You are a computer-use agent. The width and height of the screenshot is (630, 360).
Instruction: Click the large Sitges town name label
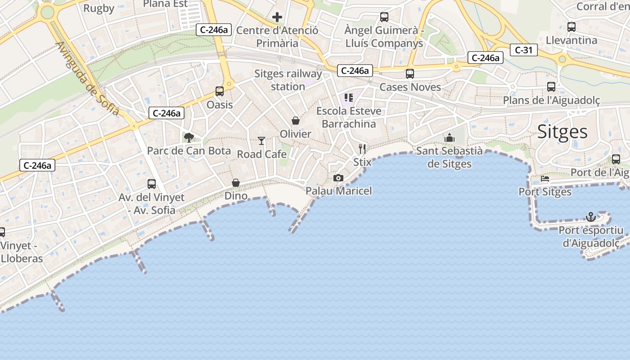pos(562,132)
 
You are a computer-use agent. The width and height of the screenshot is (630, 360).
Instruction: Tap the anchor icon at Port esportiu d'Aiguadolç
pos(590,217)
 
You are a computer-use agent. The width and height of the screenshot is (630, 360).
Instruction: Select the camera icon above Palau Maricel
pos(338,178)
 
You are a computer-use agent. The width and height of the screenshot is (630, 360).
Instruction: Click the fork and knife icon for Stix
pos(362,148)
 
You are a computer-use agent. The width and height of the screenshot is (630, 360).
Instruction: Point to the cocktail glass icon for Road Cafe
pos(261,141)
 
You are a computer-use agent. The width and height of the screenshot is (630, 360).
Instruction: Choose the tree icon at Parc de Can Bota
pos(189,137)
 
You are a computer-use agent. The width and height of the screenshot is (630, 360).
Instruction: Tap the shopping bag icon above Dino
pos(235,183)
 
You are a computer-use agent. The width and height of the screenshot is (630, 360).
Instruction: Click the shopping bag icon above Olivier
pos(296,121)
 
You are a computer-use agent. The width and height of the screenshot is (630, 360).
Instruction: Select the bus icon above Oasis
pos(220,91)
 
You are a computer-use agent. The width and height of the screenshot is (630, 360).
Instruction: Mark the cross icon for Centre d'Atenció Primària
pos(277,17)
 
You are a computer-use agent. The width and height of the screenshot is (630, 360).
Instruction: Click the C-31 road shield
pos(524,50)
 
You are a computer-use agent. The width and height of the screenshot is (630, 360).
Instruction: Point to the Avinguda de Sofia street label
pos(88,79)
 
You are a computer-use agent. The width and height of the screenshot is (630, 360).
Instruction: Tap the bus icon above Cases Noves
pos(409,74)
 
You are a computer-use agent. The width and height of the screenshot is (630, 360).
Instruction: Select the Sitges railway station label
pos(288,80)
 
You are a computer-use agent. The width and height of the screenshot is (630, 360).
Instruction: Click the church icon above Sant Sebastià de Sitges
pos(449,138)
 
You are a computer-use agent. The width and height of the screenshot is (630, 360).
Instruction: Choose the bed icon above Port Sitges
pos(545,178)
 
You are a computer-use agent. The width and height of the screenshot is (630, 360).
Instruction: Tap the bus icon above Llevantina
pos(571,27)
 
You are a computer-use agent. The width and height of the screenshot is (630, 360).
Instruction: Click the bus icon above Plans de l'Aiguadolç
pos(551,87)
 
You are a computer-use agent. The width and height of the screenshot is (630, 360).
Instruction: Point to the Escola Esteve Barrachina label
pos(349,117)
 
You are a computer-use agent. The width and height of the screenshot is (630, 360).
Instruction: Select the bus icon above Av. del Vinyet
pos(152,184)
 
